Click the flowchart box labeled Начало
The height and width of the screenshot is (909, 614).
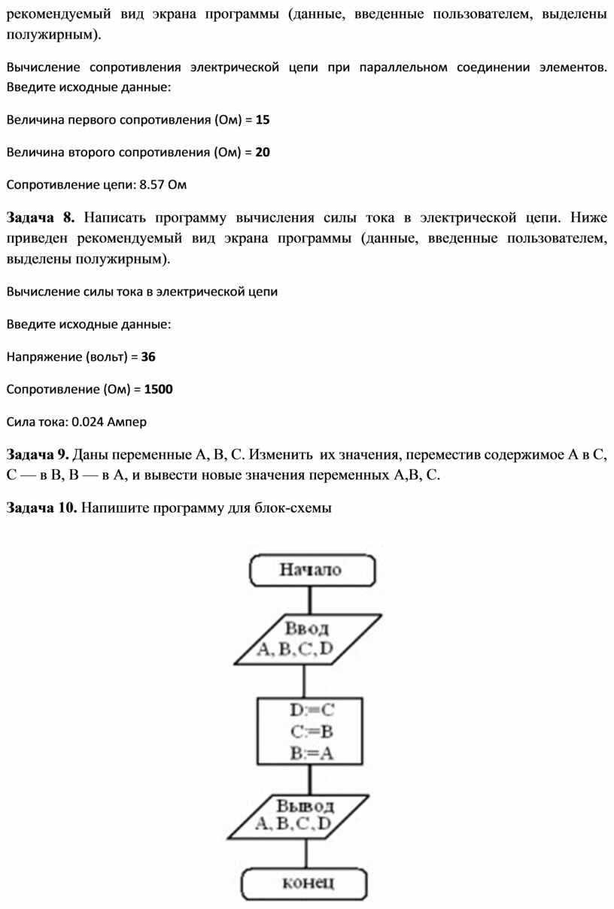click(x=311, y=571)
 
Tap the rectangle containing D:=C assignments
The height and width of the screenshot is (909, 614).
click(x=311, y=731)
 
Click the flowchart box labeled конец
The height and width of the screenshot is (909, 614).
click(x=305, y=884)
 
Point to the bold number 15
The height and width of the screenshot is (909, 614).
click(x=263, y=120)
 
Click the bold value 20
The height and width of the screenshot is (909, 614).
click(x=263, y=152)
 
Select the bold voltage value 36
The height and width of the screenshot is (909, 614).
click(x=148, y=357)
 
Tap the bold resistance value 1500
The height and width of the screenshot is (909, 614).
click(x=159, y=389)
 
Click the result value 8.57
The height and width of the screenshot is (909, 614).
click(x=153, y=184)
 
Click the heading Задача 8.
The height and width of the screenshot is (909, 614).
click(x=41, y=219)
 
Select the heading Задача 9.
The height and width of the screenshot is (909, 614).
click(x=38, y=454)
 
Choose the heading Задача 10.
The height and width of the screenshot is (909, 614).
click(x=41, y=508)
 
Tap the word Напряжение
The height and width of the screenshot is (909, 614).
click(x=44, y=357)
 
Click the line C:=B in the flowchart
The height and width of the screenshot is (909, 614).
click(x=311, y=731)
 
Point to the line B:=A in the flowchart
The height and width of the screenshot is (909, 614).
click(x=311, y=753)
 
